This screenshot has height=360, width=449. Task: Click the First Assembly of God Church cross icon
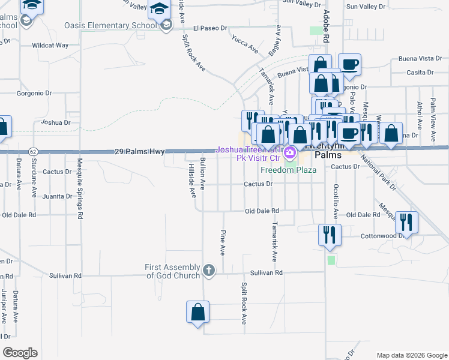(209, 270)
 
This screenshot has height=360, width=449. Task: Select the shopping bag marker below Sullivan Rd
(197, 313)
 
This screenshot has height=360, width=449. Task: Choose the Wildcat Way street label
(50, 45)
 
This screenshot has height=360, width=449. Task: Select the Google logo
(20, 353)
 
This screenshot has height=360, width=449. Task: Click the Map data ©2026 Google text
(411, 355)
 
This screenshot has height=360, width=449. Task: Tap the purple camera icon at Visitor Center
(291, 152)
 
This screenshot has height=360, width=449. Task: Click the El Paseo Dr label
(210, 28)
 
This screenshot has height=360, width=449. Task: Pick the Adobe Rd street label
(326, 27)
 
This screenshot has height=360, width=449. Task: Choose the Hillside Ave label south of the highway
(192, 180)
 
